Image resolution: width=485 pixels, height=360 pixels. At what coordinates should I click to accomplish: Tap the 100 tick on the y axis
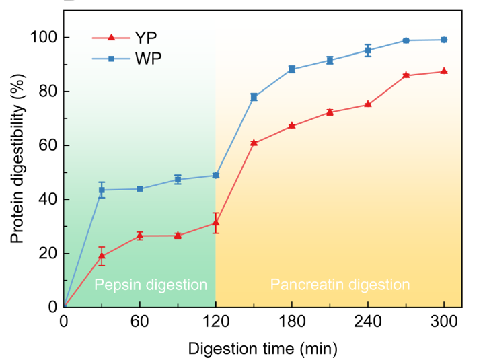pyautogui.click(x=44, y=38)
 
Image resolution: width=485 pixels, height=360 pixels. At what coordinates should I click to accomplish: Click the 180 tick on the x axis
pyautogui.click(x=292, y=321)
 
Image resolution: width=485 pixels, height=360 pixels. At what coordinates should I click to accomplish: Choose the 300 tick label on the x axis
pyautogui.click(x=444, y=321)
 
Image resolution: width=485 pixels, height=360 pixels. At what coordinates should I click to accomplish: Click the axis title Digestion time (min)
pyautogui.click(x=262, y=348)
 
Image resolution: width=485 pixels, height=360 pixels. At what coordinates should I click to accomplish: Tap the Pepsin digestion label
pyautogui.click(x=151, y=285)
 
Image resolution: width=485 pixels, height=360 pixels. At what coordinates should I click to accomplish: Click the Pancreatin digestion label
pyautogui.click(x=340, y=285)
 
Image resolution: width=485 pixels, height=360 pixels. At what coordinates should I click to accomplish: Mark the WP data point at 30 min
pyautogui.click(x=102, y=190)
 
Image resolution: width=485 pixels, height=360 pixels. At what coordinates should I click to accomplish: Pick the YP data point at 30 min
pyautogui.click(x=102, y=256)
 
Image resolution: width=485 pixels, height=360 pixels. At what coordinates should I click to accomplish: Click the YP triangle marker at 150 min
pyautogui.click(x=254, y=143)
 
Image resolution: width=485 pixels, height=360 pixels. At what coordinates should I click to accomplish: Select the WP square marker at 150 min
pyautogui.click(x=254, y=97)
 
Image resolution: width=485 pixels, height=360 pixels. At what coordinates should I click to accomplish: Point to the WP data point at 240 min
pyautogui.click(x=368, y=50)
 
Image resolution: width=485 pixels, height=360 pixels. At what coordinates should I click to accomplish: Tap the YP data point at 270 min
pyautogui.click(x=406, y=75)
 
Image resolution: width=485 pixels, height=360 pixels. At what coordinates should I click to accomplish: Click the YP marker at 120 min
pyautogui.click(x=216, y=223)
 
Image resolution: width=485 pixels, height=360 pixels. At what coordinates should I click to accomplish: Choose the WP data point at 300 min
pyautogui.click(x=444, y=40)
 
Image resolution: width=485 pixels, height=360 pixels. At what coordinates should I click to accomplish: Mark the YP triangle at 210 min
pyautogui.click(x=330, y=112)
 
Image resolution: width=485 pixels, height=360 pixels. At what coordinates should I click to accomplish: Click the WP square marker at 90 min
pyautogui.click(x=178, y=180)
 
